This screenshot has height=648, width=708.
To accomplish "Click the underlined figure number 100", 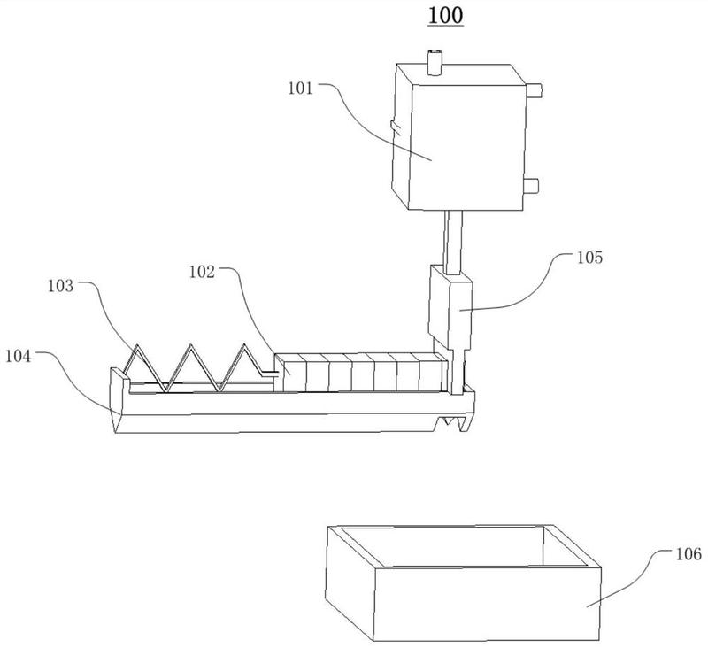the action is point(445,15).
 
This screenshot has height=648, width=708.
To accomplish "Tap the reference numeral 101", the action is point(300,88).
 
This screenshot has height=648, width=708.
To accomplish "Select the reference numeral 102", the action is point(202,272).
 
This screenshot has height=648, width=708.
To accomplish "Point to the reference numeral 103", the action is point(60,286).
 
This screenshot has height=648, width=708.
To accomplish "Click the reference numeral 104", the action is point(19,356).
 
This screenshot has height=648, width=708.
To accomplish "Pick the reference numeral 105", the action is point(590,258).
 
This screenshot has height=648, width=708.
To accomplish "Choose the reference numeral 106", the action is point(689,553).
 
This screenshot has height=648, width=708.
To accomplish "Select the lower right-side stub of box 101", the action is point(531,186).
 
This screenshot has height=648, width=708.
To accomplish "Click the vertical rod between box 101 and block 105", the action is point(453,243).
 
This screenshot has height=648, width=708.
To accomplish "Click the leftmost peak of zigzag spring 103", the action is point(136,346).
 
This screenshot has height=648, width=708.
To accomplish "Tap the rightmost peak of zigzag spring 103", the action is point(245,346).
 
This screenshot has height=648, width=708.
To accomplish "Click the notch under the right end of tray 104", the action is point(451,422).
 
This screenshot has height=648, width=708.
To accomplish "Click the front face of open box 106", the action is point(488,605).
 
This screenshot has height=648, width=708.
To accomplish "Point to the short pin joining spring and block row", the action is point(268,373).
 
